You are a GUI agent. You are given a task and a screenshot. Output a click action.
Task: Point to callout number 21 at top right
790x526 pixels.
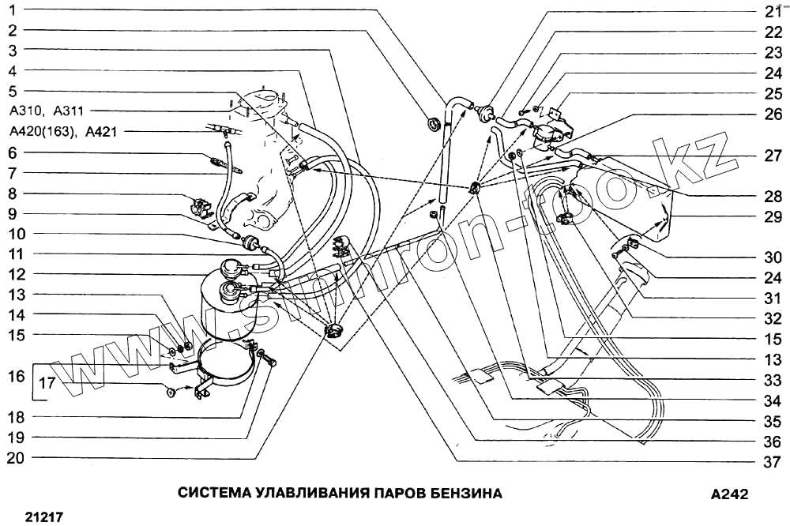(x=772, y=11)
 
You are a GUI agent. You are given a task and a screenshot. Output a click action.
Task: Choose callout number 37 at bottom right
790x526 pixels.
(x=772, y=462)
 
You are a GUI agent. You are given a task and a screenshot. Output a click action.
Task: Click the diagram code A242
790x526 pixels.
(x=728, y=494)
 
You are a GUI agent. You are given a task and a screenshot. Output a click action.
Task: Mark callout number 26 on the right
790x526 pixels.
(x=772, y=114)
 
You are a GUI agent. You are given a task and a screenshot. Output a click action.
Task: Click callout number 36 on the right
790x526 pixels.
(x=772, y=442)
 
